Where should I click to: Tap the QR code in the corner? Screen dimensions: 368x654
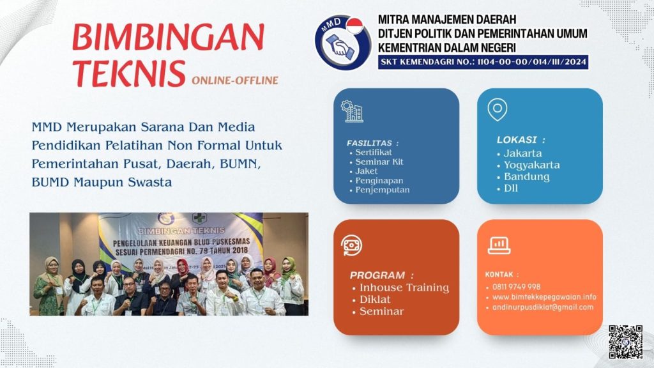click(625, 342)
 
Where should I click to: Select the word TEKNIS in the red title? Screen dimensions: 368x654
click(129, 73)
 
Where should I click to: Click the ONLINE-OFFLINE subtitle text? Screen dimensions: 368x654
click(235, 80)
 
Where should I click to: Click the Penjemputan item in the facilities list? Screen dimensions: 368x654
click(382, 190)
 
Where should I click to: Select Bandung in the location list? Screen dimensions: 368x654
click(526, 177)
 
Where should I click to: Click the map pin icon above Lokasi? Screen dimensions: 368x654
click(497, 110)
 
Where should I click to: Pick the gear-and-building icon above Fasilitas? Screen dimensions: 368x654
click(352, 111)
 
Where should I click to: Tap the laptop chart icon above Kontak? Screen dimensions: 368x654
click(499, 245)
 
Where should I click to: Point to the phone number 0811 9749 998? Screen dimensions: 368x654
click(516, 287)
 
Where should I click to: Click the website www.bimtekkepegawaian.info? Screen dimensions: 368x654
click(544, 297)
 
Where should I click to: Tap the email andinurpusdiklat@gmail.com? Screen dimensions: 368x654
click(543, 307)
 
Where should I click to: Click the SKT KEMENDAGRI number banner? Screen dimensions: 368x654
click(483, 63)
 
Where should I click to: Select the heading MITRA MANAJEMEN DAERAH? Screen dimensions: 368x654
click(447, 20)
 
